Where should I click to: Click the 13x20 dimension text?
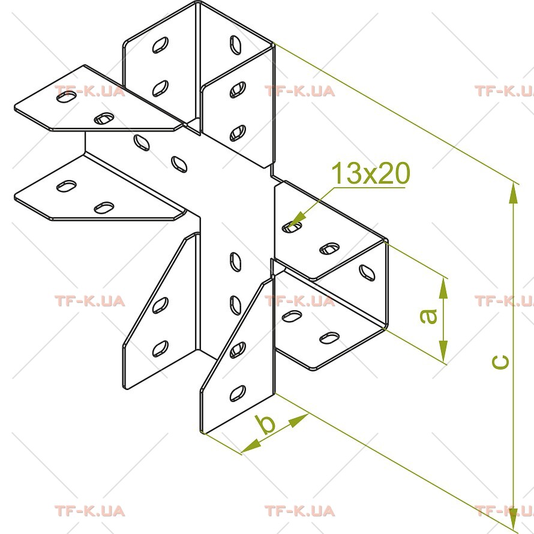371,173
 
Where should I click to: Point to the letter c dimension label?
500,362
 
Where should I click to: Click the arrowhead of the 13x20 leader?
297,218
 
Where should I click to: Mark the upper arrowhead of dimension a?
443,289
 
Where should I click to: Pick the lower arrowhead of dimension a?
443,351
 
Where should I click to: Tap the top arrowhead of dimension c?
513,194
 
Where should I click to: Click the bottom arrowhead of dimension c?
513,518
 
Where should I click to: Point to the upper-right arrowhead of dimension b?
299,419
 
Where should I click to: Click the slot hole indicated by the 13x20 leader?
292,227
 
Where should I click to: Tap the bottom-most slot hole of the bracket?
238,394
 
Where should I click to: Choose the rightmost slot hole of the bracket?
367,272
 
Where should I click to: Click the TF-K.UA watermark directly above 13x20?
300,91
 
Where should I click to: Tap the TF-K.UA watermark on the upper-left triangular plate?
90,91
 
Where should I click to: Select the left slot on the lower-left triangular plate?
67,186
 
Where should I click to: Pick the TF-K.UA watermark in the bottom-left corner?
90,511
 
